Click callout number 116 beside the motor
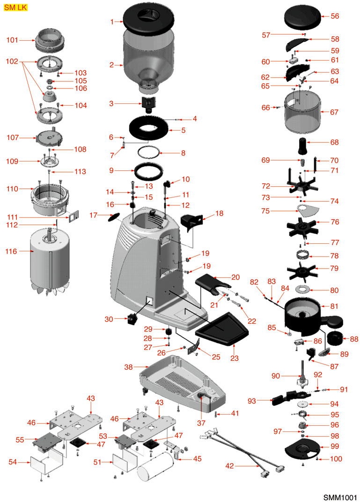(x=11, y=252)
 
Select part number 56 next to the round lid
(x=335, y=16)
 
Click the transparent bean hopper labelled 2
(x=149, y=58)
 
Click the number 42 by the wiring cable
(x=230, y=466)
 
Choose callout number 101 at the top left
(x=12, y=40)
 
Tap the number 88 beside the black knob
(x=353, y=339)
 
